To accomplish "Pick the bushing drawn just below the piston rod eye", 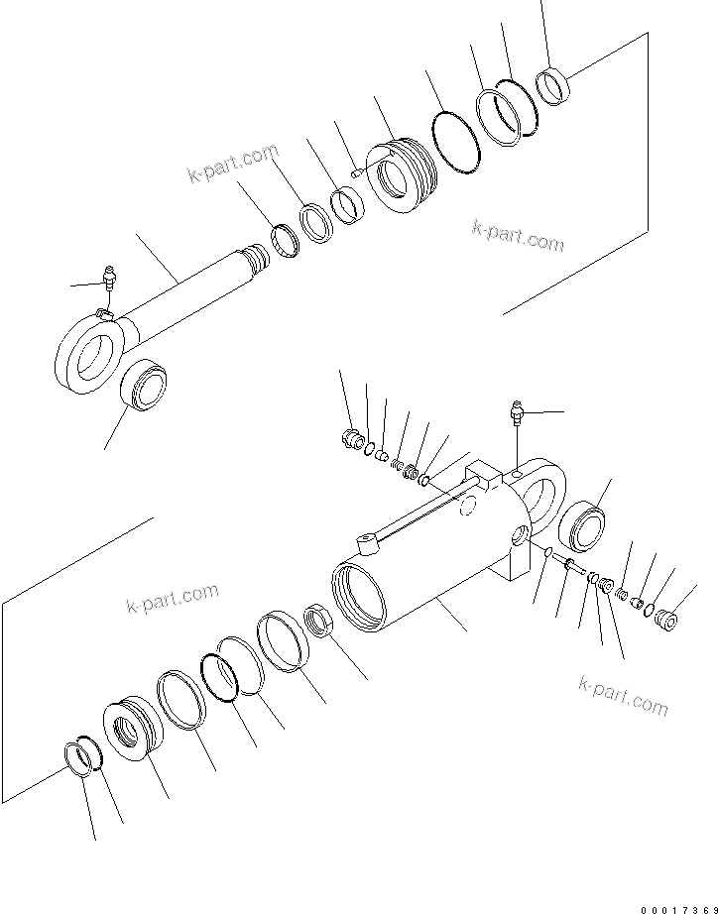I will (x=143, y=384).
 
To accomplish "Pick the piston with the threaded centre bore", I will (x=131, y=731).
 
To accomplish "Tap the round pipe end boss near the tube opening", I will (x=366, y=542).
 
